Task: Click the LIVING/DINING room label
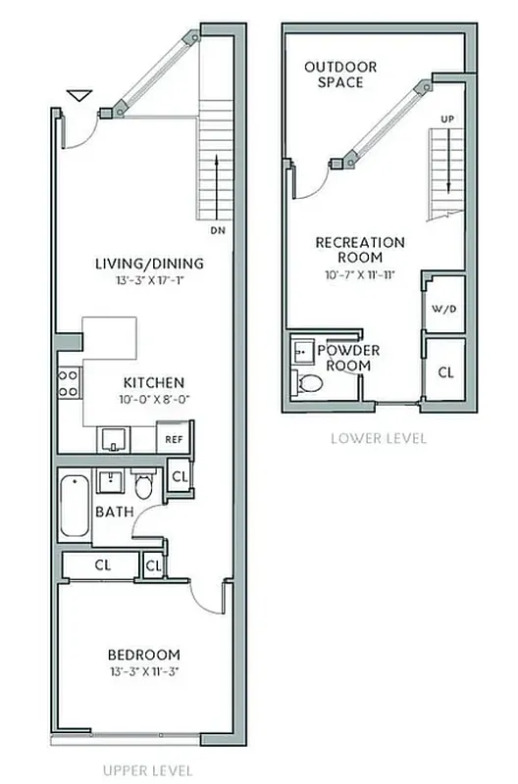[x=149, y=263]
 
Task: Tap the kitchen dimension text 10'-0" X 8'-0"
[x=153, y=399]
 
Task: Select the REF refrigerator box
[x=176, y=440]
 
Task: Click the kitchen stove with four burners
[x=69, y=382]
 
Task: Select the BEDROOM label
[x=144, y=655]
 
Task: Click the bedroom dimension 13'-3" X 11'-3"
[x=144, y=671]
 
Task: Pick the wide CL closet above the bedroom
[x=102, y=565]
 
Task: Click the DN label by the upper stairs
[x=218, y=231]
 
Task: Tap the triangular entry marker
[x=80, y=96]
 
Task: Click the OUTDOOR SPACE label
[x=340, y=74]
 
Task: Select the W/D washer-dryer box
[x=443, y=307]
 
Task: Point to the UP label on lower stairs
[x=448, y=119]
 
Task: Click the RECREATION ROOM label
[x=359, y=250]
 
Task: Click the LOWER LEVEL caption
[x=378, y=438]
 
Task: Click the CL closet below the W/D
[x=445, y=372]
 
